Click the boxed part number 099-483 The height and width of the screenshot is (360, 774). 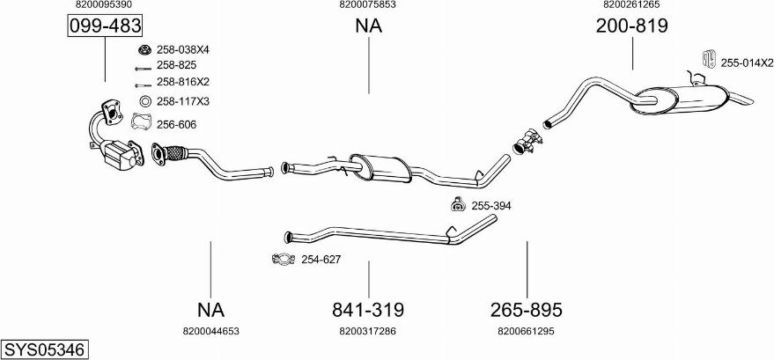click(x=105, y=27)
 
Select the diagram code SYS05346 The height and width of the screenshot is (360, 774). click(x=44, y=349)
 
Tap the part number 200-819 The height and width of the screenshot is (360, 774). click(x=631, y=27)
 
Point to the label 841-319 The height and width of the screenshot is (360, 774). click(x=367, y=310)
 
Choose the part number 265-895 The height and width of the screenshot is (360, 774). click(x=526, y=310)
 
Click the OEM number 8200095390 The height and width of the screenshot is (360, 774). click(x=105, y=4)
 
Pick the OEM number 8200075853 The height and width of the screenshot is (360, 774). click(x=367, y=4)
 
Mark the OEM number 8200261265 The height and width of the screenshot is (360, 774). click(x=631, y=4)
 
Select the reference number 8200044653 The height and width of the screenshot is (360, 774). click(x=210, y=331)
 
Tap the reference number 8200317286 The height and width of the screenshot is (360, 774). click(x=367, y=331)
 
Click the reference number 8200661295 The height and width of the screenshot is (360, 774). click(x=526, y=331)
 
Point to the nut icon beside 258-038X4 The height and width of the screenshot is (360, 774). click(x=144, y=49)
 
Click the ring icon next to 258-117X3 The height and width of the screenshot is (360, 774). click(x=144, y=101)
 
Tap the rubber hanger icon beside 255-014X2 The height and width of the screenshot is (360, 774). click(x=706, y=61)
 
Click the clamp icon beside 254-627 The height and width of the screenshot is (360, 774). click(x=284, y=259)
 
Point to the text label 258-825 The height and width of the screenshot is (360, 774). click(x=176, y=65)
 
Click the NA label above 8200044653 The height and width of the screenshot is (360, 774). click(x=210, y=310)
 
